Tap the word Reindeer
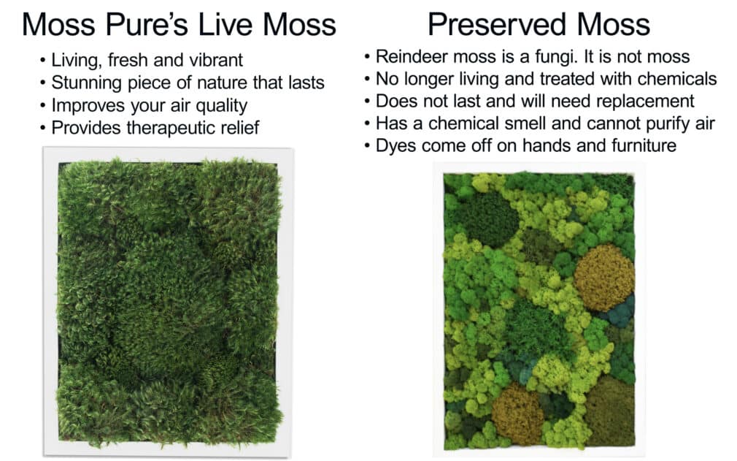click(x=406, y=56)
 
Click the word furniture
click(x=638, y=146)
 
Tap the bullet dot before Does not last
click(x=367, y=102)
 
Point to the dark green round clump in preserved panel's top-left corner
click(x=482, y=218)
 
